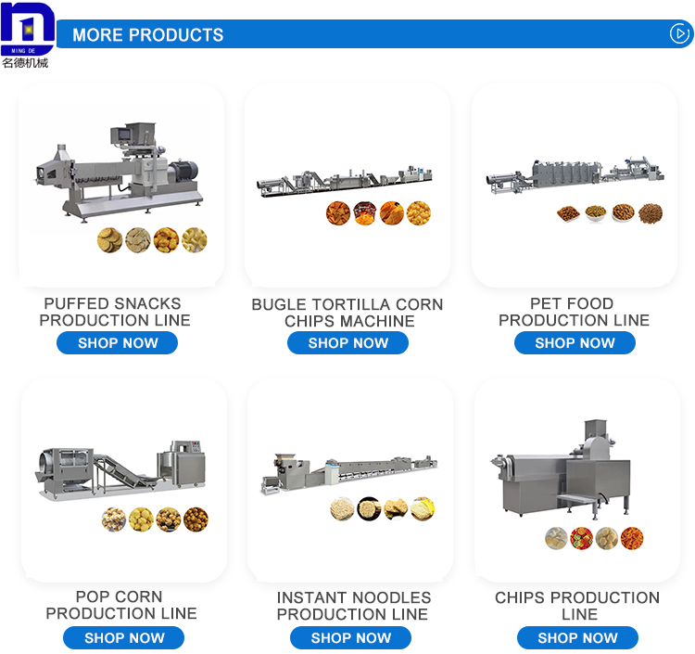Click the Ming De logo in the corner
click(x=27, y=28)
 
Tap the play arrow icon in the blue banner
click(x=680, y=34)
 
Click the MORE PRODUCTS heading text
click(x=148, y=35)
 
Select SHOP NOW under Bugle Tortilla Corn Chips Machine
click(x=347, y=343)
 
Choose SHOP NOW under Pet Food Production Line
click(x=575, y=343)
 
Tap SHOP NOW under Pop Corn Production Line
click(x=123, y=638)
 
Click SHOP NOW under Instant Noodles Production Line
click(x=350, y=638)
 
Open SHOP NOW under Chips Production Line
click(x=577, y=638)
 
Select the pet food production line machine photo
click(x=575, y=174)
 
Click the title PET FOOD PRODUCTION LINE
click(x=575, y=312)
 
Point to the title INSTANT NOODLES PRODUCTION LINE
click(x=353, y=606)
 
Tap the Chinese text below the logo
click(x=25, y=63)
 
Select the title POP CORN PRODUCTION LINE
click(x=120, y=605)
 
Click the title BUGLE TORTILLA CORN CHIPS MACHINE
click(x=347, y=313)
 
